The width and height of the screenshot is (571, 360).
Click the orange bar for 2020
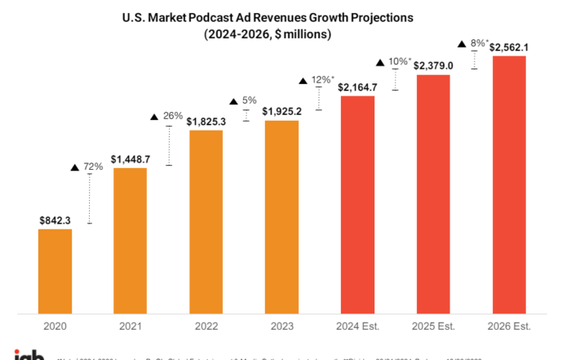click(x=55, y=270)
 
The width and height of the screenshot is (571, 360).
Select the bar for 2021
click(x=131, y=240)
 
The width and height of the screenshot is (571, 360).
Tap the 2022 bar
click(x=206, y=221)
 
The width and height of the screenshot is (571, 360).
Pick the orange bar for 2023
click(x=281, y=216)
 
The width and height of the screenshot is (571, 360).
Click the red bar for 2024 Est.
click(x=357, y=204)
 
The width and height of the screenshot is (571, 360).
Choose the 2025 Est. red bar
click(x=433, y=193)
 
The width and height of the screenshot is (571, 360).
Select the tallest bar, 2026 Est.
click(x=509, y=184)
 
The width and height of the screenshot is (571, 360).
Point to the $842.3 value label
click(x=55, y=220)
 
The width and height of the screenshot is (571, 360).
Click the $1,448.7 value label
click(x=131, y=158)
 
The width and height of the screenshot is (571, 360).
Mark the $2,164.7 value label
click(x=357, y=87)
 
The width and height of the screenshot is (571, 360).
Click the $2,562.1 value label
click(x=509, y=47)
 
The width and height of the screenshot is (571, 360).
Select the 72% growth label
click(x=92, y=167)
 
